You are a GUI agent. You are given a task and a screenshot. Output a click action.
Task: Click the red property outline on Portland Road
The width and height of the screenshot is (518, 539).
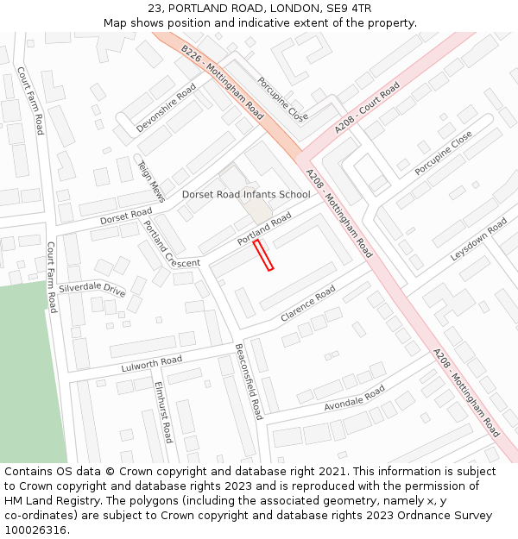click(x=263, y=256)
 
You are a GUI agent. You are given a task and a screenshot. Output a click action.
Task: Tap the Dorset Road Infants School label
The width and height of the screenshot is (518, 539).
click(x=246, y=194)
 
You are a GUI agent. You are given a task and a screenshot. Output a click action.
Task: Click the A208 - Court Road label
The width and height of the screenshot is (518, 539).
click(x=368, y=108)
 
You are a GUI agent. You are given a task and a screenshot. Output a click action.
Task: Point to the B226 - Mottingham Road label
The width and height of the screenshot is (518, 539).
click(x=222, y=83)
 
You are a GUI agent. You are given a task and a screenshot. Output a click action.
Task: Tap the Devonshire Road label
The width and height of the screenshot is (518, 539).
click(x=167, y=108)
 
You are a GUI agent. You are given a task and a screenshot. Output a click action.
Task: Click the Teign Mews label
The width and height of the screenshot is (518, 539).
click(x=151, y=179)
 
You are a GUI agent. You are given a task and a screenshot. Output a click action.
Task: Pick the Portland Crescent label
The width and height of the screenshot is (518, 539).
click(x=171, y=244)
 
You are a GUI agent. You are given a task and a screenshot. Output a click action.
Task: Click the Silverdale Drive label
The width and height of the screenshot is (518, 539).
click(x=92, y=289)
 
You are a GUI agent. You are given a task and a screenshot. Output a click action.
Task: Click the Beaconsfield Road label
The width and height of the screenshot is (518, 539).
click(x=248, y=381)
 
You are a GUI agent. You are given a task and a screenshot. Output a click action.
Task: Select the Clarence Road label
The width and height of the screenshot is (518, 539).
click(x=307, y=304)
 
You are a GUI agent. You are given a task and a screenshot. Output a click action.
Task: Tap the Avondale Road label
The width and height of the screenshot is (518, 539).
click(x=354, y=398)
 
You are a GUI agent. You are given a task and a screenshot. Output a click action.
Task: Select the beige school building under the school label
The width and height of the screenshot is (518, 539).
click(x=256, y=210)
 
